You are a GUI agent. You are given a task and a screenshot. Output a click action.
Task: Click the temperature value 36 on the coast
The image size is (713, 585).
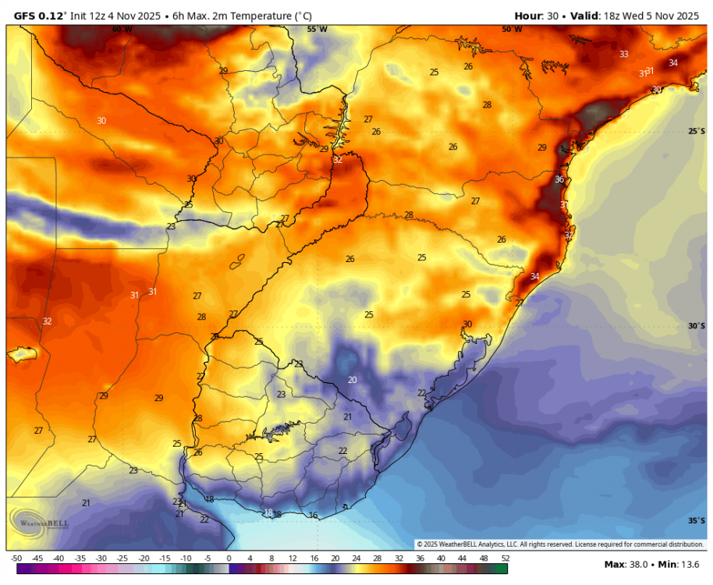[559, 179]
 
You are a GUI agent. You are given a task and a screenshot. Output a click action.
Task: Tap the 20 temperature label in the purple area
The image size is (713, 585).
[353, 380]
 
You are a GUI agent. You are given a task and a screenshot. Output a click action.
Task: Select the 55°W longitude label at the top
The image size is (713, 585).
[317, 29]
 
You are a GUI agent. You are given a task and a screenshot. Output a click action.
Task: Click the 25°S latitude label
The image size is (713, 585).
[697, 131]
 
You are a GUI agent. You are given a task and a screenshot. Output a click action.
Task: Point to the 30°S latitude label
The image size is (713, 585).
[697, 326]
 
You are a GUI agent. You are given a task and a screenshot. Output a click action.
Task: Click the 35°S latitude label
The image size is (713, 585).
[697, 520]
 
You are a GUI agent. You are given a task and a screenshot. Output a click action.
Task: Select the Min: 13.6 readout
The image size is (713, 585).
[681, 564]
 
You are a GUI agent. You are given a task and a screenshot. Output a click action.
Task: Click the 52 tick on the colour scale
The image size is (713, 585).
[505, 558]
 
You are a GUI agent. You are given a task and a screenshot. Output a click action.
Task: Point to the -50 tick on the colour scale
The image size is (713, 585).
[16, 558]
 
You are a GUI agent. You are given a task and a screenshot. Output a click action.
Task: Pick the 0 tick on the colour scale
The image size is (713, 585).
[229, 558]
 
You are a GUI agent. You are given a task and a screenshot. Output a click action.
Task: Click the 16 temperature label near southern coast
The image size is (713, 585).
[313, 516]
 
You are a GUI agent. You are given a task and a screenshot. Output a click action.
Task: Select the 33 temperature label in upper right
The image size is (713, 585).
[623, 54]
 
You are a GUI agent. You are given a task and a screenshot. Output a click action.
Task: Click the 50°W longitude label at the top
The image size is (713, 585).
[511, 29]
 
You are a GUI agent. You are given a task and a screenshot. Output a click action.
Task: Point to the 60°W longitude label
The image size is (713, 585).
[122, 29]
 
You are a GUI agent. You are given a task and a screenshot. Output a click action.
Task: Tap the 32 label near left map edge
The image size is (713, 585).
[47, 321]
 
